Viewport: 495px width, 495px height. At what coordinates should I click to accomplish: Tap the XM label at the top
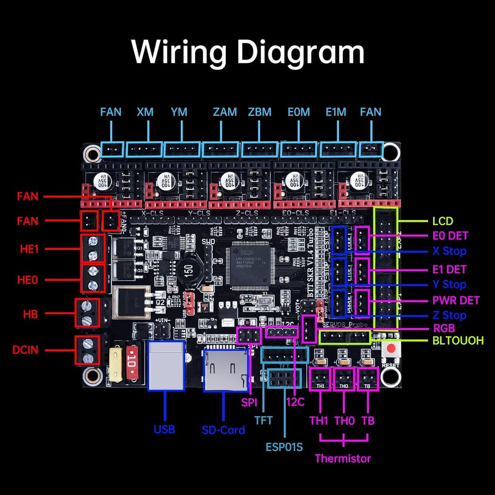point(145,112)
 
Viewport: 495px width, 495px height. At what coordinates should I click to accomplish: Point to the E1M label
point(335,112)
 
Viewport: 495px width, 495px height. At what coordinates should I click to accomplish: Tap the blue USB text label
point(164,429)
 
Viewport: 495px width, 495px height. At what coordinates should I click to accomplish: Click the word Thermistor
point(343,458)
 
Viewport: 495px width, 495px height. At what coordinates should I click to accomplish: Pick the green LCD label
point(442,222)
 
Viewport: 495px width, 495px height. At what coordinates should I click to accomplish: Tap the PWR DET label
point(456,300)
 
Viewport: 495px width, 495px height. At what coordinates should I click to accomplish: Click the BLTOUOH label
point(457,341)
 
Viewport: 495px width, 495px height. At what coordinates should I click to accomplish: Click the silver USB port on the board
point(167,365)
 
